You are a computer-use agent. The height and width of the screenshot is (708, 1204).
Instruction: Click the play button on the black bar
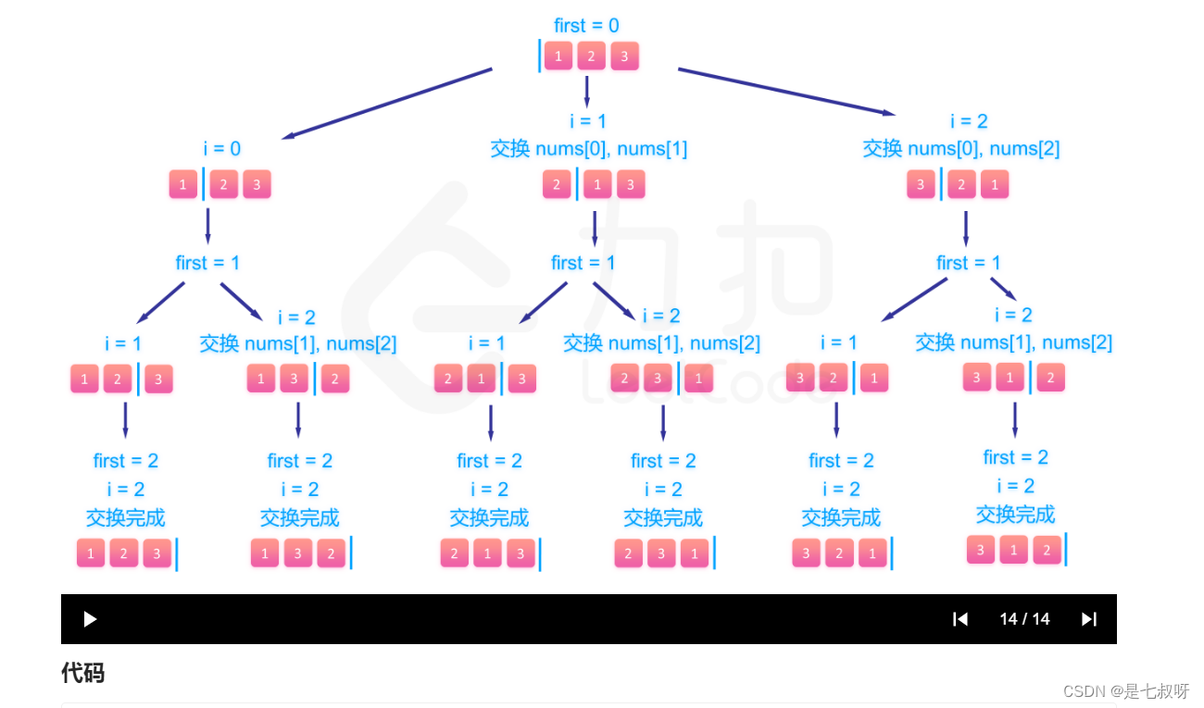click(90, 619)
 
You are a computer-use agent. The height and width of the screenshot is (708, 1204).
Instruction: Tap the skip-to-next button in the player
click(1089, 619)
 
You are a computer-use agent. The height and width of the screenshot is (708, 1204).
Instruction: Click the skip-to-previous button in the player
click(960, 619)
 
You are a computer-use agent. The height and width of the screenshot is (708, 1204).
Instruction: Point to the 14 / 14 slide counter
click(1024, 619)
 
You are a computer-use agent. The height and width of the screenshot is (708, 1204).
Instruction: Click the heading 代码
click(82, 673)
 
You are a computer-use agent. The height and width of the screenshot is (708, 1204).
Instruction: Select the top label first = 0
click(586, 25)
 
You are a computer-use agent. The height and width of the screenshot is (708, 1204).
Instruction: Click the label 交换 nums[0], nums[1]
click(589, 148)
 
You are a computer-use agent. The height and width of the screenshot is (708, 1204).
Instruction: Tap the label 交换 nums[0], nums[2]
click(961, 148)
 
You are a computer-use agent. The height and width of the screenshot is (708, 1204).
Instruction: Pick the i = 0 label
click(222, 148)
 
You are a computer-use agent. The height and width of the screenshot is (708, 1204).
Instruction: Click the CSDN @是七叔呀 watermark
click(1126, 691)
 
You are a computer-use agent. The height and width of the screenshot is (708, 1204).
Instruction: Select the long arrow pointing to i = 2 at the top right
click(786, 92)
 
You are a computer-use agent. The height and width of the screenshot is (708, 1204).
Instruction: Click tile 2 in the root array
click(591, 56)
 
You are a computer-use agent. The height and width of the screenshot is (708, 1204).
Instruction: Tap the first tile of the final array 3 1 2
click(981, 549)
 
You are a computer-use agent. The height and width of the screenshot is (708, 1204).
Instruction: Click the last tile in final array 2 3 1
click(694, 553)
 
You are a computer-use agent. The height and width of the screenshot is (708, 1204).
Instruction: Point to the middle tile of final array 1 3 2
click(297, 553)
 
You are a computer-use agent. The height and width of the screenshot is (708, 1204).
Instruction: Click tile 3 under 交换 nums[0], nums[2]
click(921, 184)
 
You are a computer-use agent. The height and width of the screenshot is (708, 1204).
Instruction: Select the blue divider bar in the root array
click(540, 56)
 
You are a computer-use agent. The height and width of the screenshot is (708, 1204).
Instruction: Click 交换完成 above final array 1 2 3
click(126, 517)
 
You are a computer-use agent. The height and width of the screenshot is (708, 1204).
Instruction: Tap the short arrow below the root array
click(586, 91)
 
